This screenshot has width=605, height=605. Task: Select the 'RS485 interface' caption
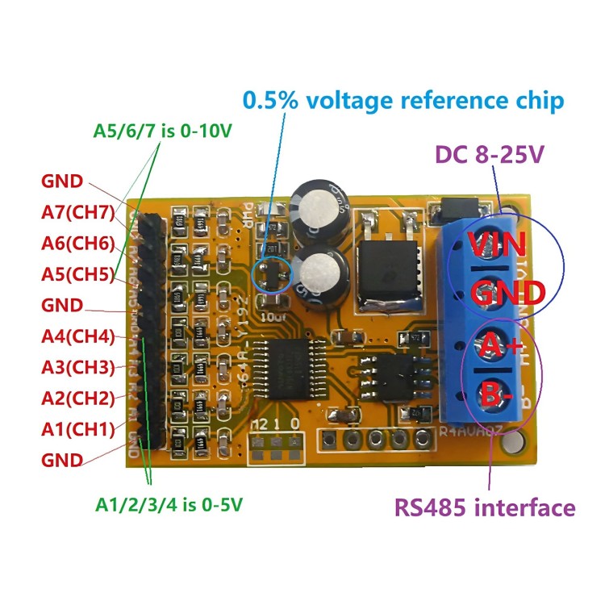coord(484,508)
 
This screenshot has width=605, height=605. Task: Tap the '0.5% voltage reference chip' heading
coord(403,101)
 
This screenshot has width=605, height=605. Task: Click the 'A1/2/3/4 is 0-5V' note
coord(169,505)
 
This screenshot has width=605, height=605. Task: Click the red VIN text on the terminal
coord(498,242)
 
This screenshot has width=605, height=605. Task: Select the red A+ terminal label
coord(499,348)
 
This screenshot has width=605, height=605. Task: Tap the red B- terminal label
coord(498,397)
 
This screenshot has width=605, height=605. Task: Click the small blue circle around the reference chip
coord(272,275)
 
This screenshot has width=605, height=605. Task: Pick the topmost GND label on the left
coord(61,182)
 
